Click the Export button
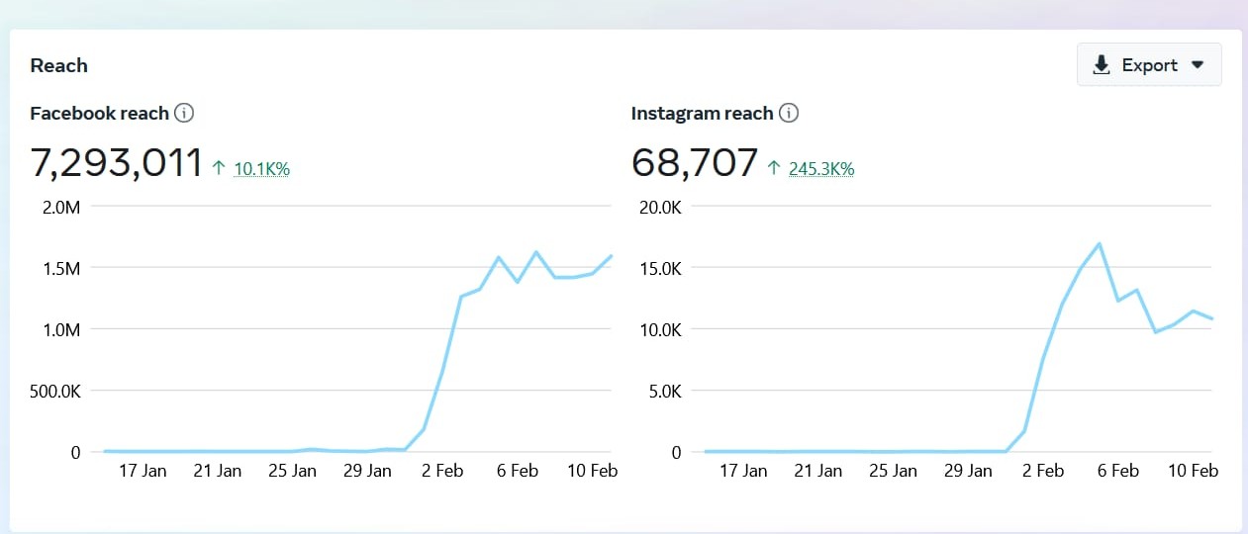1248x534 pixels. (1148, 65)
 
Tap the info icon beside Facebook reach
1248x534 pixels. (184, 113)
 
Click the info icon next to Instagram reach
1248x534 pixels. (788, 113)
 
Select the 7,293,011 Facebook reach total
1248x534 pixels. (117, 163)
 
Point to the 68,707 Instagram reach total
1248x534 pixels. (695, 163)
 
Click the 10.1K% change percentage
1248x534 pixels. (261, 169)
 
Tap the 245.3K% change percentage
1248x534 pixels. (820, 169)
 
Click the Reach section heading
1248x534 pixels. (59, 65)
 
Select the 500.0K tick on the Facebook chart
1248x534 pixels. (54, 391)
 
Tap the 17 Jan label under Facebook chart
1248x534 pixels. (143, 471)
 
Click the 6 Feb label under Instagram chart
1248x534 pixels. (1118, 471)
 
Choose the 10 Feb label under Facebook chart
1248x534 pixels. (592, 471)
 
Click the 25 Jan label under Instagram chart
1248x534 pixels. (893, 471)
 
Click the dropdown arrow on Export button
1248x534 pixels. (1198, 65)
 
